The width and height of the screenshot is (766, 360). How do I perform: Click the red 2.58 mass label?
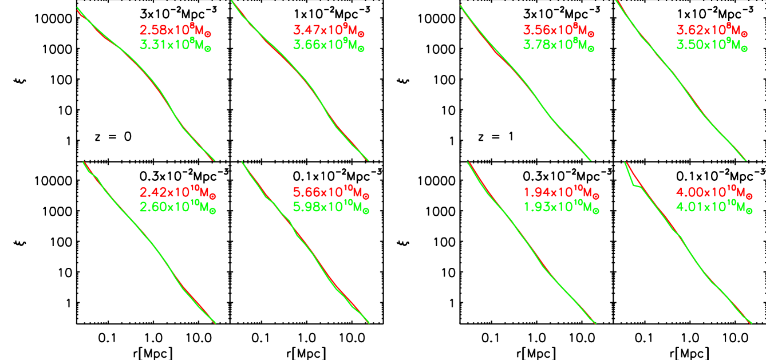point(175,30)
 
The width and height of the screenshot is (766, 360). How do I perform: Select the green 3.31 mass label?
point(175,45)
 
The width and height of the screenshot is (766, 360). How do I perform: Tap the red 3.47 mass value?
point(329,30)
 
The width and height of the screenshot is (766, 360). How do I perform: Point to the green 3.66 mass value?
point(329,45)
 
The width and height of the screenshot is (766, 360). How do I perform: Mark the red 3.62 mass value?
point(712,30)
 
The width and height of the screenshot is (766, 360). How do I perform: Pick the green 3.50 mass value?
point(712,45)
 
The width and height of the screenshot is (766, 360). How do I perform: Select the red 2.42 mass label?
point(177,192)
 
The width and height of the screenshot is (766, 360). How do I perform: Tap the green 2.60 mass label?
point(177,207)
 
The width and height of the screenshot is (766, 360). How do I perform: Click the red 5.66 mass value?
point(331,192)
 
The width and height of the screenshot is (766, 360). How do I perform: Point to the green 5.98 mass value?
point(331,207)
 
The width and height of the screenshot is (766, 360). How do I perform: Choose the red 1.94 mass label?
point(561,192)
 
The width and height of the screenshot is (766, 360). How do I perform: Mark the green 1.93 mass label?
point(561,207)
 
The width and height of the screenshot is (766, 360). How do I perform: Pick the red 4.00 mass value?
point(714,192)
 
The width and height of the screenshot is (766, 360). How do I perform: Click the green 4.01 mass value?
point(714,207)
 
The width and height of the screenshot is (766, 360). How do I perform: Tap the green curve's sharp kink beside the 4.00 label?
point(633,185)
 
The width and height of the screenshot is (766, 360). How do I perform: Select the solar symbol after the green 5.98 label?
point(366,211)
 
